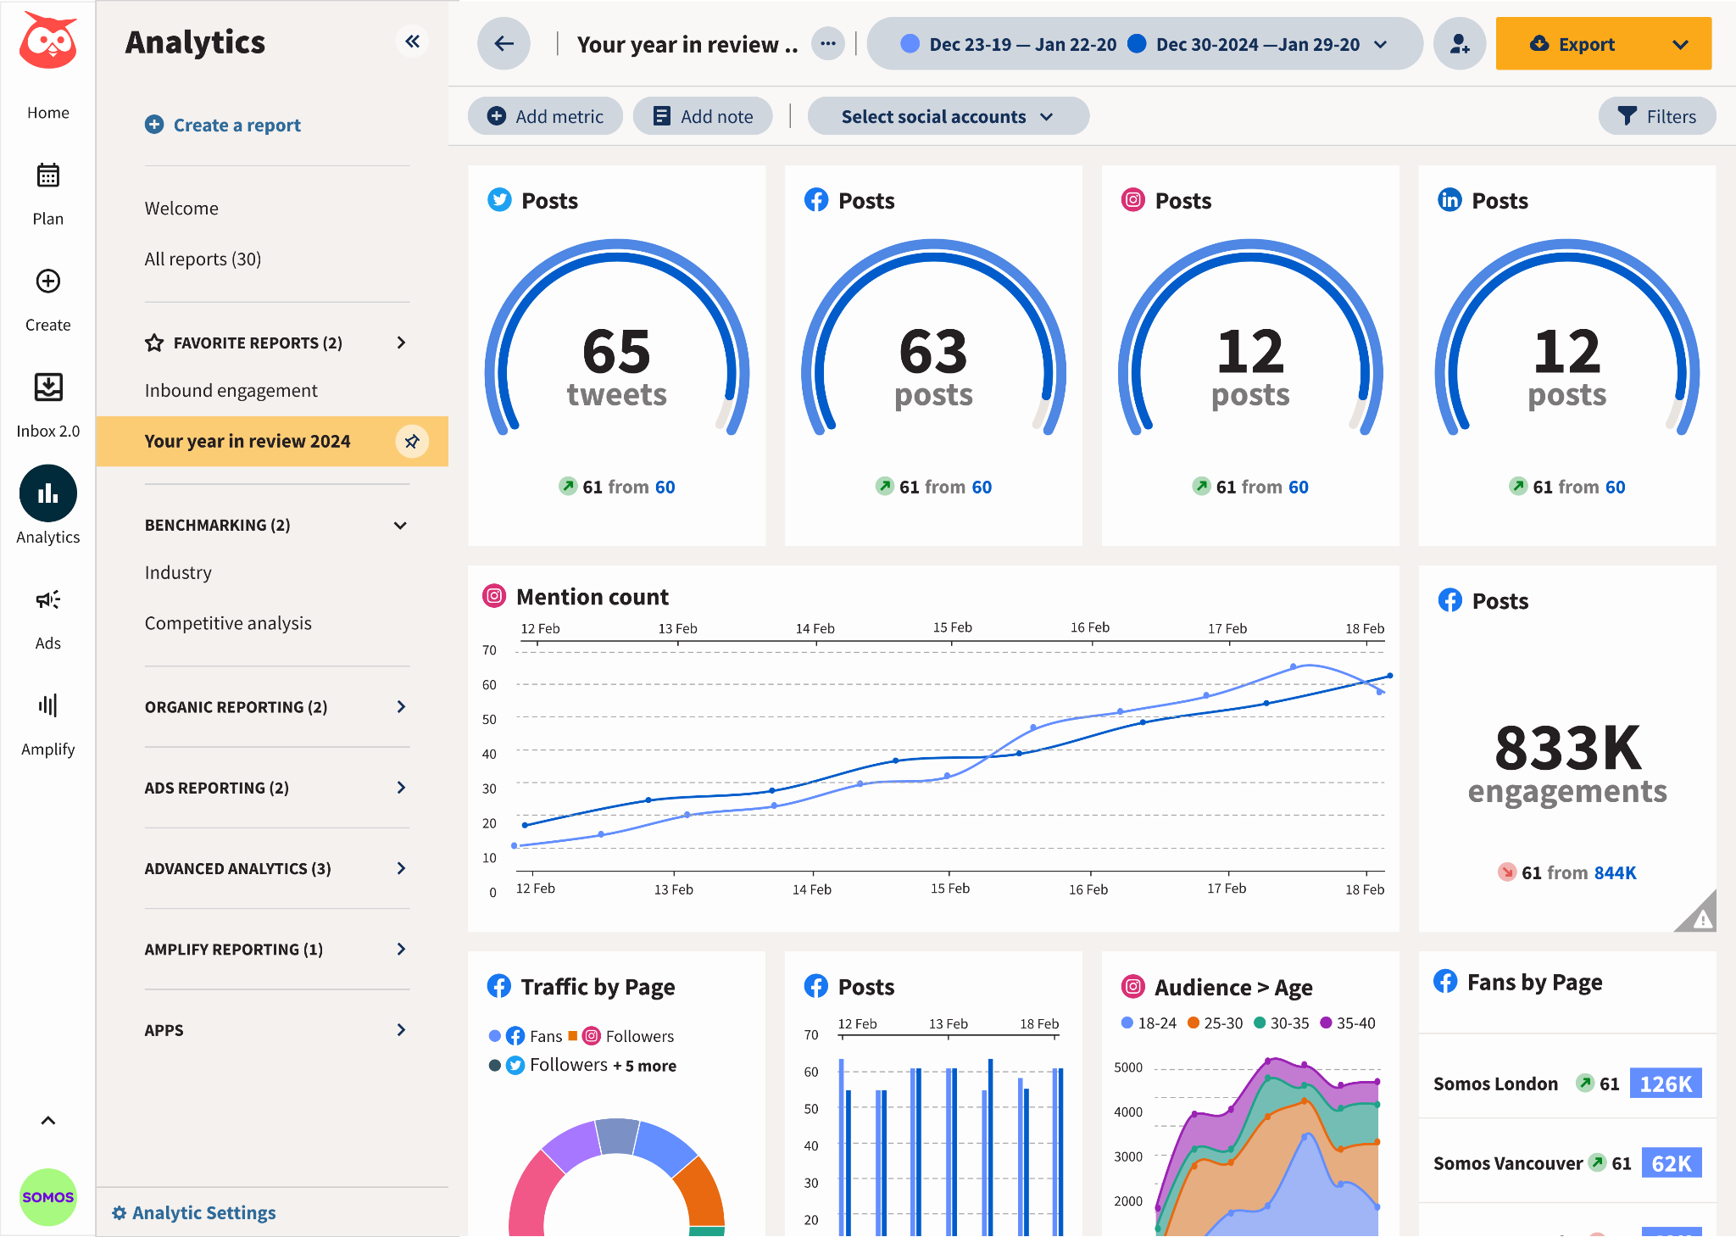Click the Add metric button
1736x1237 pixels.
pyautogui.click(x=545, y=116)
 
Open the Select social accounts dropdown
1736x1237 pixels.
pyautogui.click(x=947, y=116)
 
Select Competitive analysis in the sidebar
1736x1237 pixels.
pyautogui.click(x=228, y=623)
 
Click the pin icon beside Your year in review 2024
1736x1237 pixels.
pyautogui.click(x=412, y=441)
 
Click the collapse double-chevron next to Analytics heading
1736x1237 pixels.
pyautogui.click(x=412, y=42)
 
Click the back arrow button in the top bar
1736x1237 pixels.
pyautogui.click(x=504, y=44)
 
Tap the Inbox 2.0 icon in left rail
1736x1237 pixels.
pyautogui.click(x=48, y=388)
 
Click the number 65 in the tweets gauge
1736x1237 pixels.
pyautogui.click(x=616, y=352)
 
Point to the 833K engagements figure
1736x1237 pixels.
pyautogui.click(x=1567, y=749)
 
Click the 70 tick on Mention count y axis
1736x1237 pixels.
pyautogui.click(x=489, y=650)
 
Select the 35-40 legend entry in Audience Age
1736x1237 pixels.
pyautogui.click(x=1349, y=1023)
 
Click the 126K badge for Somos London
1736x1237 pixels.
pyautogui.click(x=1665, y=1084)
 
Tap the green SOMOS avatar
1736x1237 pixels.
pyautogui.click(x=48, y=1196)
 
